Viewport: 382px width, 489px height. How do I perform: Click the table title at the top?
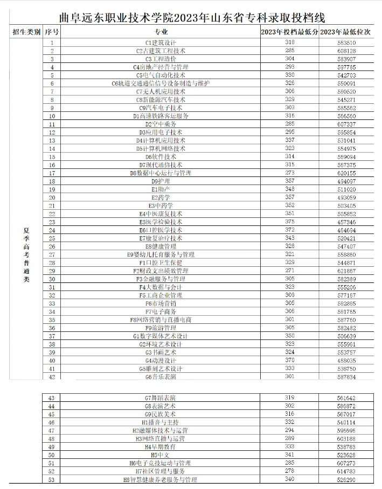(191, 18)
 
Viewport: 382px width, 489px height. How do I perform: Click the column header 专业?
(161, 33)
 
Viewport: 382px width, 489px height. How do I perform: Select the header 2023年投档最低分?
(289, 33)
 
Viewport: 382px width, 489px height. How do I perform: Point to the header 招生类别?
(26, 33)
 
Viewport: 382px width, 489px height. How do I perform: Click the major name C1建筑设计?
(161, 42)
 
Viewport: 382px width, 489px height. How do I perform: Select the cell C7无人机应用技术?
(161, 91)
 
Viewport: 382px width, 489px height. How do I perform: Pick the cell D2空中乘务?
(161, 124)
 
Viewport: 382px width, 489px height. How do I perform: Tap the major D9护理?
(161, 181)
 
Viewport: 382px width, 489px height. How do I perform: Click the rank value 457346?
(346, 222)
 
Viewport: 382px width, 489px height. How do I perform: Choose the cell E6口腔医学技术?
(161, 230)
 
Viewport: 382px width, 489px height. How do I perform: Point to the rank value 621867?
(346, 271)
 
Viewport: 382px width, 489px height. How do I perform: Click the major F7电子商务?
(161, 311)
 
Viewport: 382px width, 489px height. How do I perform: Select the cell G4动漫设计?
(161, 360)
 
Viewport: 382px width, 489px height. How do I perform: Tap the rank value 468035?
(346, 360)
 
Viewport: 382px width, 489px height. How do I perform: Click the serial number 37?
(52, 336)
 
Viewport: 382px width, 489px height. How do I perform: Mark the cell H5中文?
(161, 455)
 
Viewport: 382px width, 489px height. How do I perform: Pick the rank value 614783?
(346, 471)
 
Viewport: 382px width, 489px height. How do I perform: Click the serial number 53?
(52, 479)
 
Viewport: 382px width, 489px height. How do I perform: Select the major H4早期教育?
(161, 447)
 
